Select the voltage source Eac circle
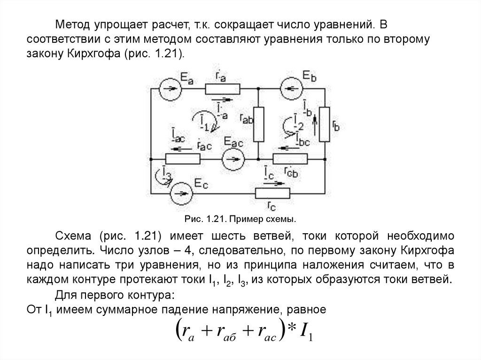[233, 160]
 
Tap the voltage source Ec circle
[180, 193]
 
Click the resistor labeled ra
[222, 88]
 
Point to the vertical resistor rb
[325, 124]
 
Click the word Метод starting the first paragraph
[70, 23]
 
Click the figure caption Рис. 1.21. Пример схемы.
[241, 219]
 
